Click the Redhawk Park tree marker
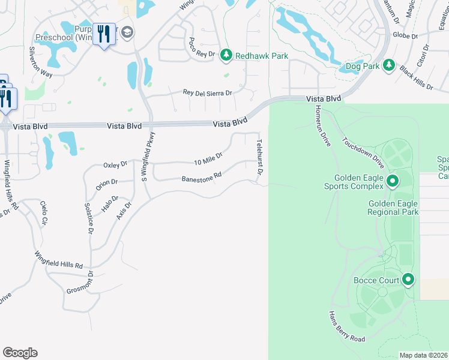click(x=226, y=56)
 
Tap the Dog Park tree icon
click(x=388, y=65)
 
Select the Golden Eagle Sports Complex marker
click(x=393, y=180)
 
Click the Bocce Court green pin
click(x=409, y=280)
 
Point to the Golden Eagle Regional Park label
click(x=393, y=208)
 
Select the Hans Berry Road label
click(x=346, y=327)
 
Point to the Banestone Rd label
click(x=202, y=178)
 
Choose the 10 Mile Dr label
click(x=208, y=159)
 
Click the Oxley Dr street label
click(x=115, y=164)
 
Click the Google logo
click(x=20, y=353)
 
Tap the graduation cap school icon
click(x=126, y=32)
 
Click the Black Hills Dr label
click(x=416, y=77)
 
